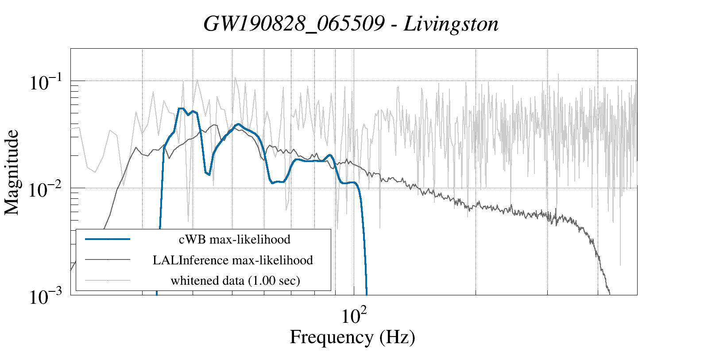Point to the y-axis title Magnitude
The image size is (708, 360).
(12, 173)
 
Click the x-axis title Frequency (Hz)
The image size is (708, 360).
(352, 337)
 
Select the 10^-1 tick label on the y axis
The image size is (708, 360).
(46, 82)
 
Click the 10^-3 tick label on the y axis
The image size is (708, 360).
(46, 297)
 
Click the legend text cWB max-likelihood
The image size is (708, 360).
(235, 240)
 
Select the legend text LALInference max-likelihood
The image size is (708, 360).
(233, 260)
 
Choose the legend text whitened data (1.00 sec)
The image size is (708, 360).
(236, 280)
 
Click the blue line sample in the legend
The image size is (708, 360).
(108, 239)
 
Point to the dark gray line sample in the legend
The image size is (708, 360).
(108, 259)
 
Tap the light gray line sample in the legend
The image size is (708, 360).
(108, 280)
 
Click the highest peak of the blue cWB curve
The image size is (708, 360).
(181, 108)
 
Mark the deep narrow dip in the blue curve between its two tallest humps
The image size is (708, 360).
(208, 174)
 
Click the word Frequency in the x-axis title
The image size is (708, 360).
(331, 337)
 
